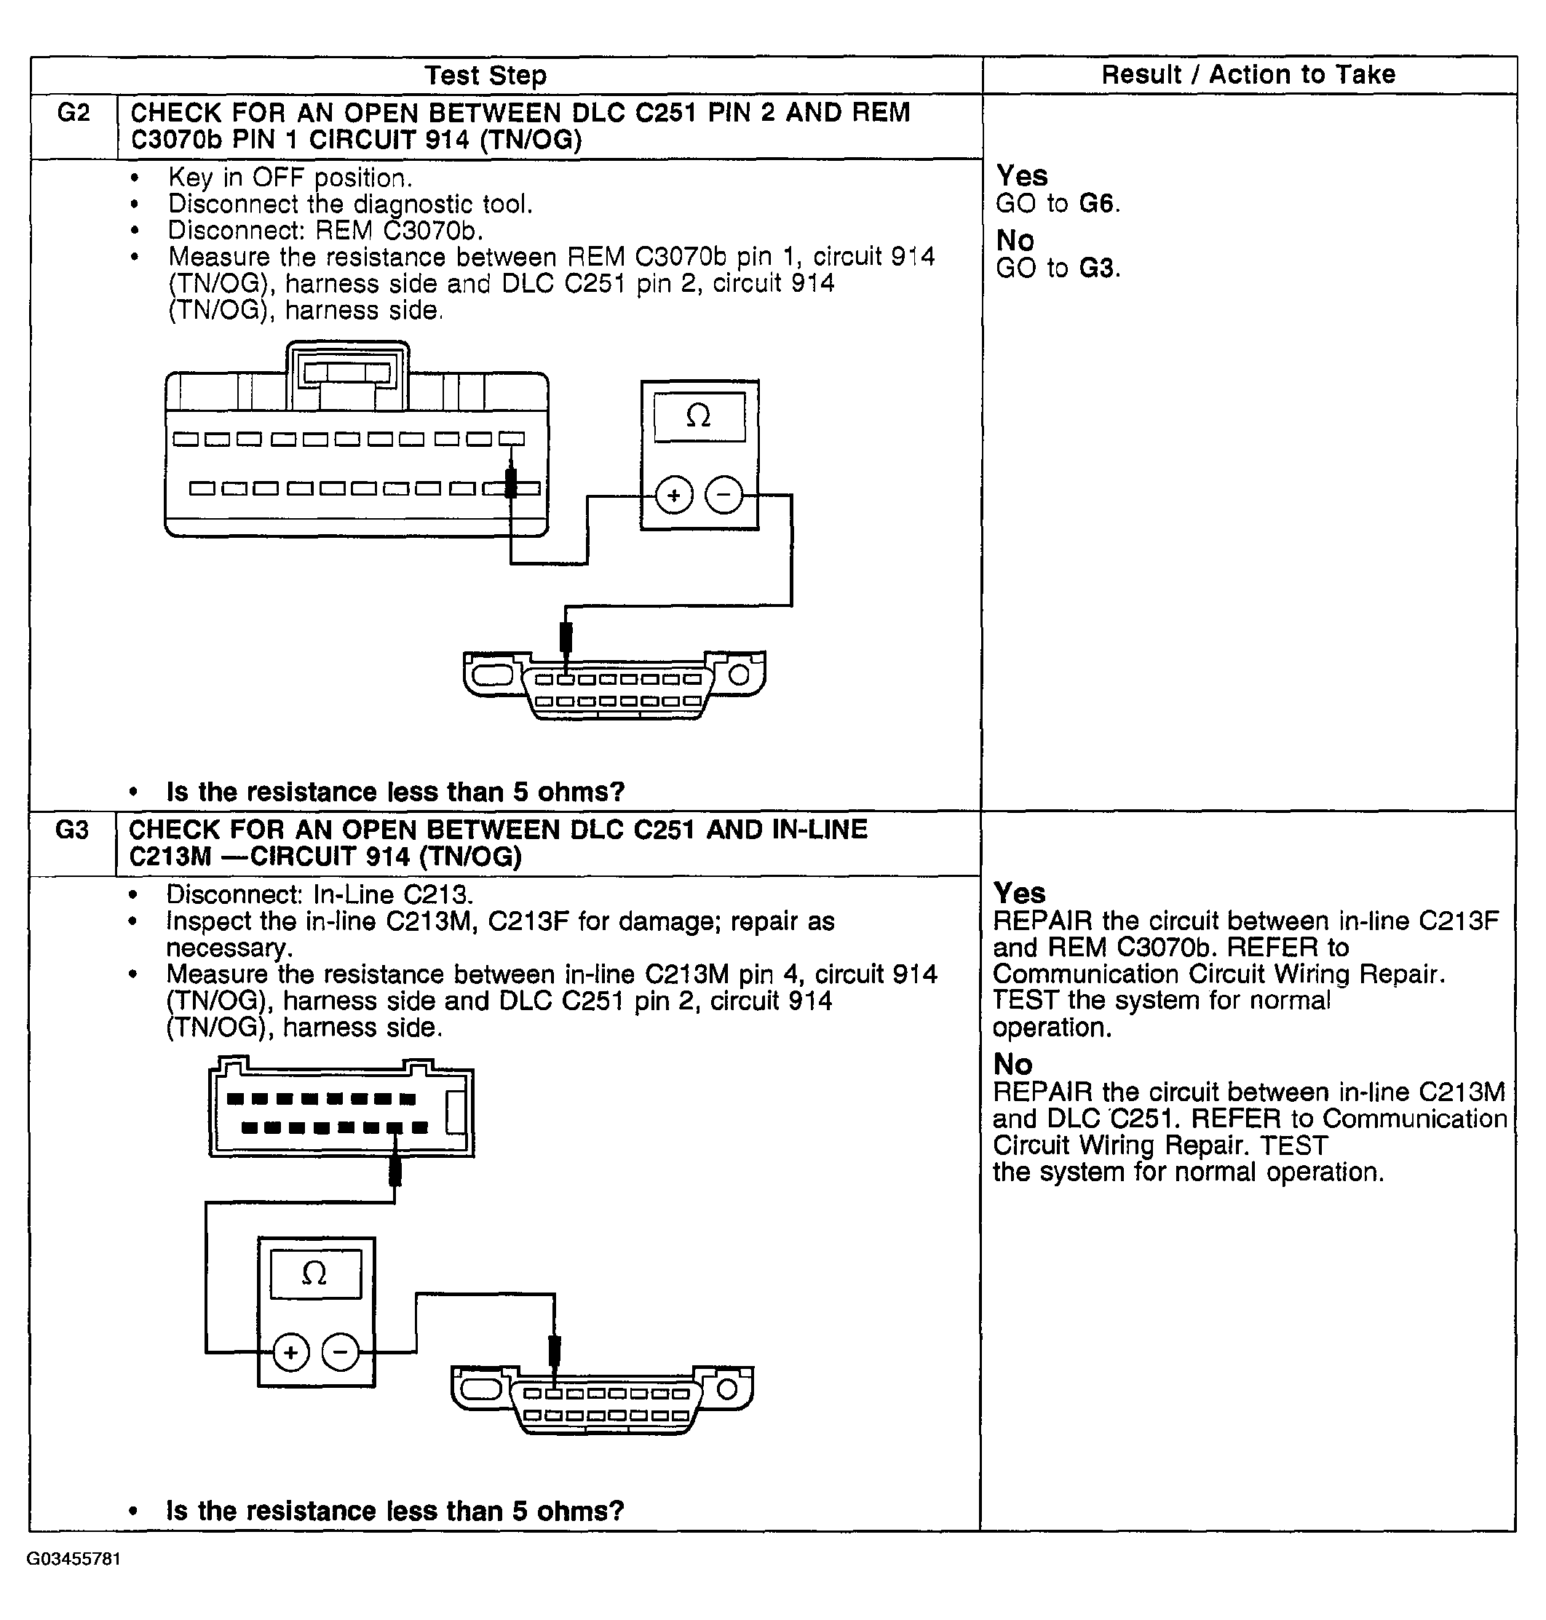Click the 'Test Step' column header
pos(485,76)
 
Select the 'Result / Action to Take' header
pos(1248,75)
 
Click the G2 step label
pos(74,113)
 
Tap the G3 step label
pos(72,830)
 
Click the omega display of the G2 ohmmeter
pos(699,417)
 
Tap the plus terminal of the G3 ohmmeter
pos(290,1352)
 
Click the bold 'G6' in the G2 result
pos(1096,204)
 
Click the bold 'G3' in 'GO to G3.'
pos(1096,269)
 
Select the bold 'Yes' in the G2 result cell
pos(1022,176)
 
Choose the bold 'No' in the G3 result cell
pos(1012,1065)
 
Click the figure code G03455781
pos(74,1559)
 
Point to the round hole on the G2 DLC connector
pos(740,675)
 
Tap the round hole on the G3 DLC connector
pos(727,1390)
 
